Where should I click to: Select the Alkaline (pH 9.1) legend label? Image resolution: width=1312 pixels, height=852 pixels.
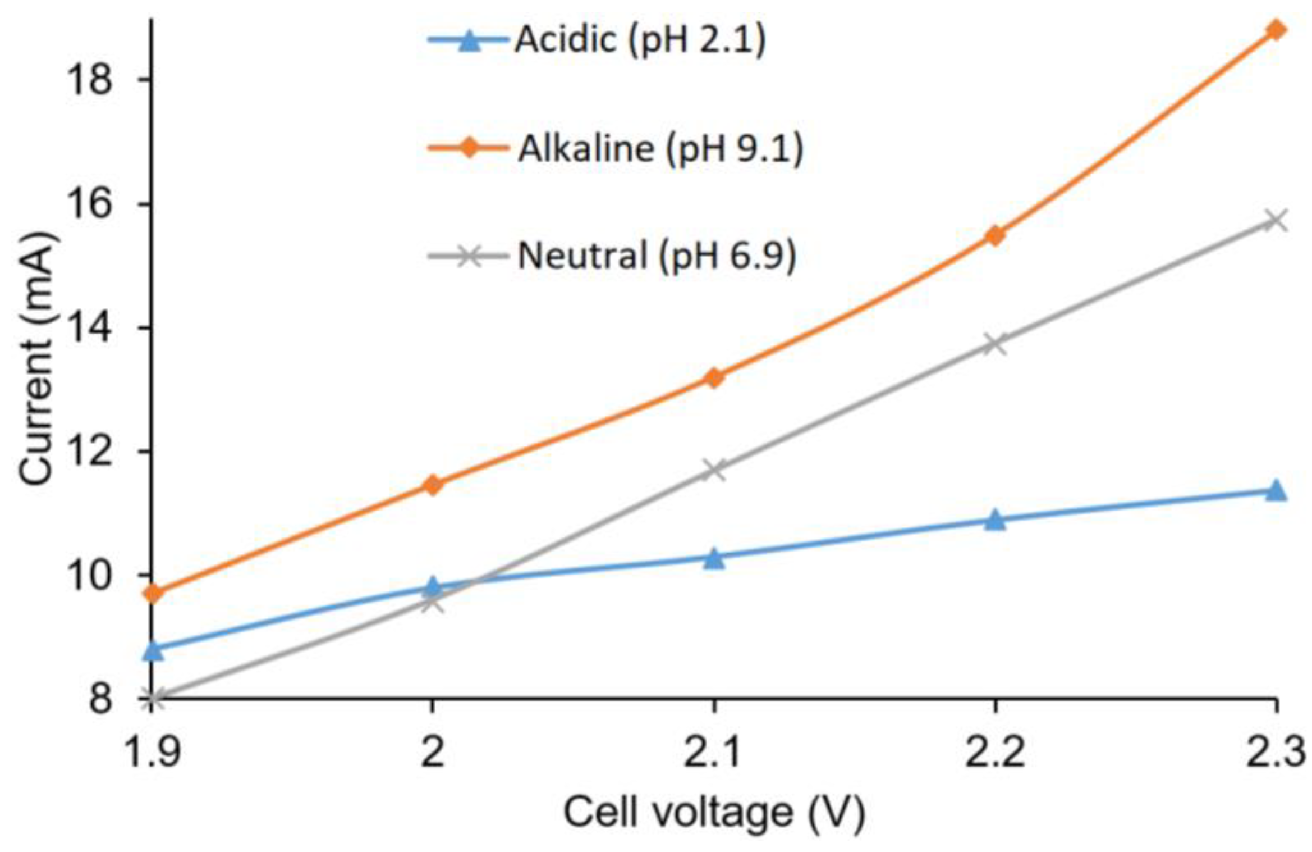click(x=660, y=149)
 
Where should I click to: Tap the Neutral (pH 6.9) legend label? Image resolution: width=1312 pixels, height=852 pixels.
click(x=657, y=256)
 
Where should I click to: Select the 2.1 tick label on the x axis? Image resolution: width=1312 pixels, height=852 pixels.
click(x=713, y=751)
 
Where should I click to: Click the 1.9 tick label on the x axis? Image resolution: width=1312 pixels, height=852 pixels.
click(x=153, y=751)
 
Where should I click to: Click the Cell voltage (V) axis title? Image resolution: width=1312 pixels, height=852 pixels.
click(x=714, y=812)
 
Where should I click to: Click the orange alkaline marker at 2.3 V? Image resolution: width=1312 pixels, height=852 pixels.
click(x=1275, y=30)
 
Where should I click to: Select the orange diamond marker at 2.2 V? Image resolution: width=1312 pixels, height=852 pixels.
click(x=995, y=235)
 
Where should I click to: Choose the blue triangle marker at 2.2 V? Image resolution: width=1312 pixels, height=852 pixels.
click(x=995, y=520)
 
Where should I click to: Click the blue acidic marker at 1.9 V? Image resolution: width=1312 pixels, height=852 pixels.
click(x=153, y=650)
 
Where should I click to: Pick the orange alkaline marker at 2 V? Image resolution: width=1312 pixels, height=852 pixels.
click(x=432, y=485)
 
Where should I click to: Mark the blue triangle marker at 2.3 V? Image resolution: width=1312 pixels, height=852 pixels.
click(x=1276, y=490)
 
